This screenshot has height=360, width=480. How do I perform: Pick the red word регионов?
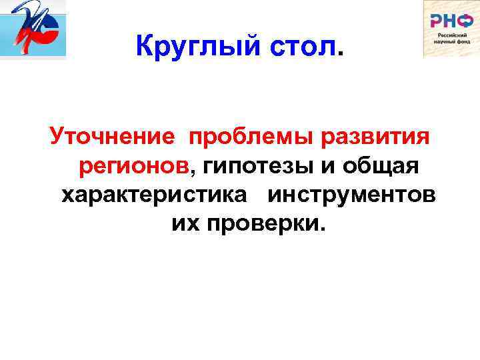point(134,166)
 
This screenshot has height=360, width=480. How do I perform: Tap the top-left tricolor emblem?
point(33,30)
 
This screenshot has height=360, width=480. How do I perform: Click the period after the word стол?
point(343,55)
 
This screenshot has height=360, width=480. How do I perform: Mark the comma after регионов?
point(193,173)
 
